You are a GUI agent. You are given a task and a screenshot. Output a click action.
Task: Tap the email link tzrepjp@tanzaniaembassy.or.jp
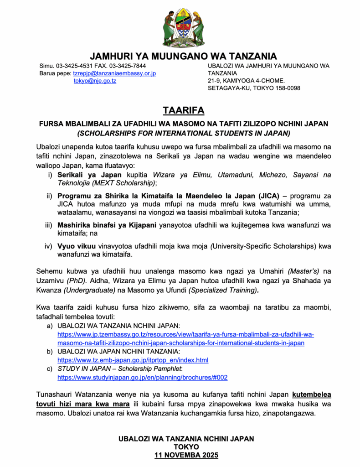[114, 73]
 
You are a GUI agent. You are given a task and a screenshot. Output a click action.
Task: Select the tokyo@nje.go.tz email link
[95, 81]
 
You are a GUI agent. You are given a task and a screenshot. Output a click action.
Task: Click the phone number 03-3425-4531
[75, 66]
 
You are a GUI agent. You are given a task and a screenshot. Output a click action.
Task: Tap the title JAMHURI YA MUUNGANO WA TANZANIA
[183, 56]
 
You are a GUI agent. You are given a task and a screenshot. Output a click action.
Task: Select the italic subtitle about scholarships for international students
[183, 133]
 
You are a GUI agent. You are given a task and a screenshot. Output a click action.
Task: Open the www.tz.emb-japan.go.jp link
[133, 360]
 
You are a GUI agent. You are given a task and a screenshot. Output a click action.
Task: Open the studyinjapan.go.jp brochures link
[142, 378]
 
